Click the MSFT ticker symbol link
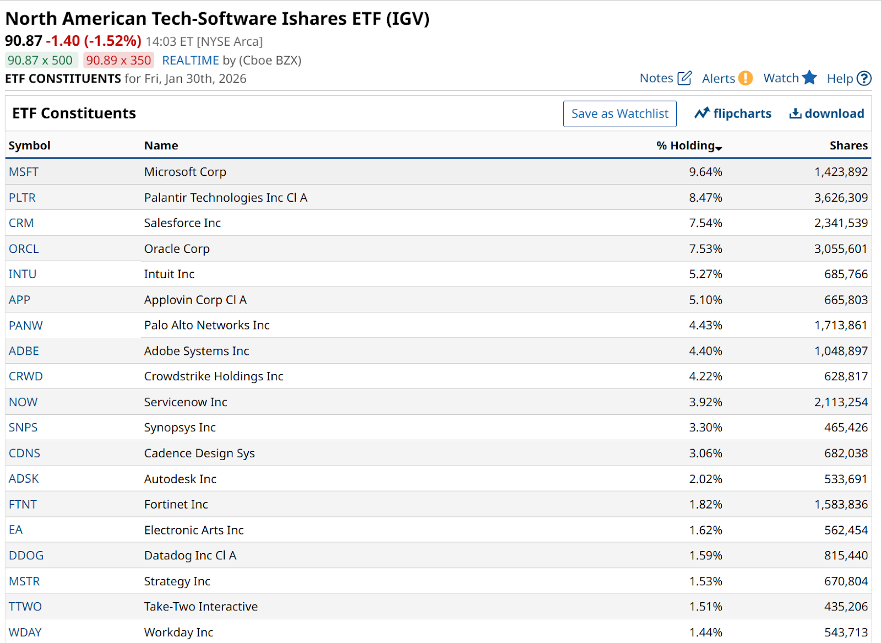click(x=24, y=172)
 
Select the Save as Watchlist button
click(x=619, y=114)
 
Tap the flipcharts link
click(x=733, y=114)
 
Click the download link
click(x=826, y=114)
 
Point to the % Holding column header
click(x=688, y=145)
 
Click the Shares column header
click(x=849, y=145)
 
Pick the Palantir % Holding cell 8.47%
click(x=705, y=197)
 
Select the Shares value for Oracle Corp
click(x=841, y=248)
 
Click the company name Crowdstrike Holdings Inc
click(x=214, y=376)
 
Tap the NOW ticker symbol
click(x=23, y=402)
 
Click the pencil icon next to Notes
click(x=684, y=78)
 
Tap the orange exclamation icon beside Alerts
click(x=746, y=78)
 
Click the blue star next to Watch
click(x=809, y=78)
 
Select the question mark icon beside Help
click(x=864, y=79)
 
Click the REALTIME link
click(x=191, y=60)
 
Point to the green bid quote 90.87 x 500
click(x=40, y=60)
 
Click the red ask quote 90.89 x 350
click(x=118, y=60)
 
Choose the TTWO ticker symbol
click(x=25, y=607)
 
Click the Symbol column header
click(x=29, y=145)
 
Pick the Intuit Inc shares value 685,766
click(x=846, y=274)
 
